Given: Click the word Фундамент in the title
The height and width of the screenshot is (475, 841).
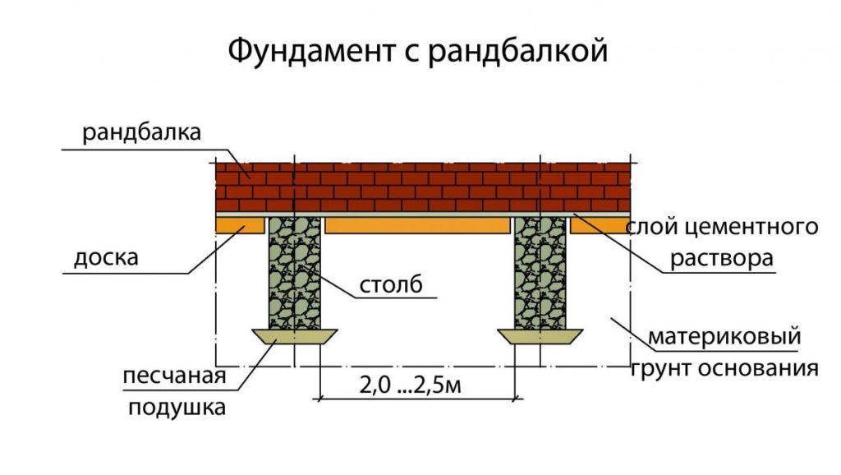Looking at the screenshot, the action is (311, 52).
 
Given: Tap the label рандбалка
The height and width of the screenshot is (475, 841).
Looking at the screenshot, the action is (141, 132).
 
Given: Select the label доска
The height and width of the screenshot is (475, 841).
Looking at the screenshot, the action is (106, 257).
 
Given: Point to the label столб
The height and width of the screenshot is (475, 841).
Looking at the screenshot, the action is (391, 284).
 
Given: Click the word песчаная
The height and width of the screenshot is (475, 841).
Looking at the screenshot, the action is (174, 376).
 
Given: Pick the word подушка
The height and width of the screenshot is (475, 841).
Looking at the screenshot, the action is (177, 408).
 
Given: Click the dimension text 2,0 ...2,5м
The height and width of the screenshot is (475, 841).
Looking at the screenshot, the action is (411, 385).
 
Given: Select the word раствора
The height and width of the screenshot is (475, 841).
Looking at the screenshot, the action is (722, 258).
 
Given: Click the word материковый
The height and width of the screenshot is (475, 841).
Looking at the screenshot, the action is (724, 337).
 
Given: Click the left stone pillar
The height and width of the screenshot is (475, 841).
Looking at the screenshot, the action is (295, 273).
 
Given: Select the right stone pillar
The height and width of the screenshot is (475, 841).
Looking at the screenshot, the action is (540, 273).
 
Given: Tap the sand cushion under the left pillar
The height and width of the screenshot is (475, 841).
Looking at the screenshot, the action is (295, 336).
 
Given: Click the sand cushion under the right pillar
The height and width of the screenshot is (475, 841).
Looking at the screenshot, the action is (540, 336).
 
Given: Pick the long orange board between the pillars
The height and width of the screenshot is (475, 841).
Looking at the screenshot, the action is (417, 225).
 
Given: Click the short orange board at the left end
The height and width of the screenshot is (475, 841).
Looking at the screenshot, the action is (240, 225).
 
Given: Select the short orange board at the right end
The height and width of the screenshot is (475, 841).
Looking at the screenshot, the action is (600, 225).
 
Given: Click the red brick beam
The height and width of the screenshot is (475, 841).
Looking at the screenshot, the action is (423, 187).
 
